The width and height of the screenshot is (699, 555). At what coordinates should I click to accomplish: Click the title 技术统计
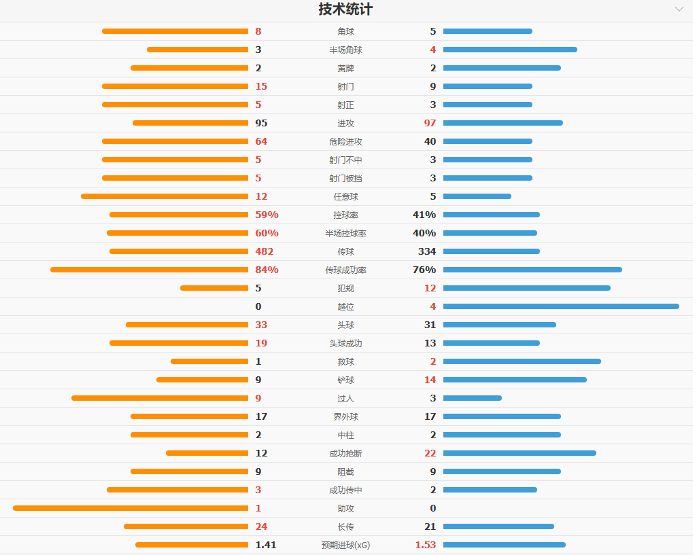tap(345, 10)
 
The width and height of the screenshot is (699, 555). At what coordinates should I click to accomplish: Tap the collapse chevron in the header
tap(679, 10)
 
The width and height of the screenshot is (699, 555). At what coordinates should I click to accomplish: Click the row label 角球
tap(345, 31)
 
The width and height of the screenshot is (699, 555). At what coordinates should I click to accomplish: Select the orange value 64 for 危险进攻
tap(262, 141)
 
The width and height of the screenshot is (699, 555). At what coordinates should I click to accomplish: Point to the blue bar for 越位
tap(561, 306)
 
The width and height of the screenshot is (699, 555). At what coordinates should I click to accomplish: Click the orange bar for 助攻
tap(131, 508)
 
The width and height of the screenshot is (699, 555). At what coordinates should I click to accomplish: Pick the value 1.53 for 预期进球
tap(426, 545)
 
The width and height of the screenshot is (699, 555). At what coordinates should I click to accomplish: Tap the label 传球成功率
tap(345, 270)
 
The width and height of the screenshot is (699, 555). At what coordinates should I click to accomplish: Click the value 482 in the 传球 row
tap(265, 251)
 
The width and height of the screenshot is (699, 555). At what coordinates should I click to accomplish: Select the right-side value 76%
tap(424, 270)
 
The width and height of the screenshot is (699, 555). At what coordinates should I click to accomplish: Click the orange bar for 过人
tap(160, 398)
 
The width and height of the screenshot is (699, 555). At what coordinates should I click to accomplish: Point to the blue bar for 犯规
tap(527, 288)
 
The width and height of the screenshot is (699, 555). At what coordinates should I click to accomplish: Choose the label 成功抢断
tap(345, 453)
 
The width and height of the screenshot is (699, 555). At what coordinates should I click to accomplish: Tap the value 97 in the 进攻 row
tap(430, 123)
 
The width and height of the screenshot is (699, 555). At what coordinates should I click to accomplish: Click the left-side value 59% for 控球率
tap(267, 215)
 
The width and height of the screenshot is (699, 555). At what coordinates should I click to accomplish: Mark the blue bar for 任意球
tap(477, 196)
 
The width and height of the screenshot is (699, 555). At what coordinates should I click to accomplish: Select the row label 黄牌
tap(345, 68)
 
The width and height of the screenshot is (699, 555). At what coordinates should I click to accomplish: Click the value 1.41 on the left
tap(266, 545)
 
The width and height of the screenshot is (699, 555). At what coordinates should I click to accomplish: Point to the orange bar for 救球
tap(209, 361)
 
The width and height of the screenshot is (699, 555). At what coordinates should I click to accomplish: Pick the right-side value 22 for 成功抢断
tap(430, 453)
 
